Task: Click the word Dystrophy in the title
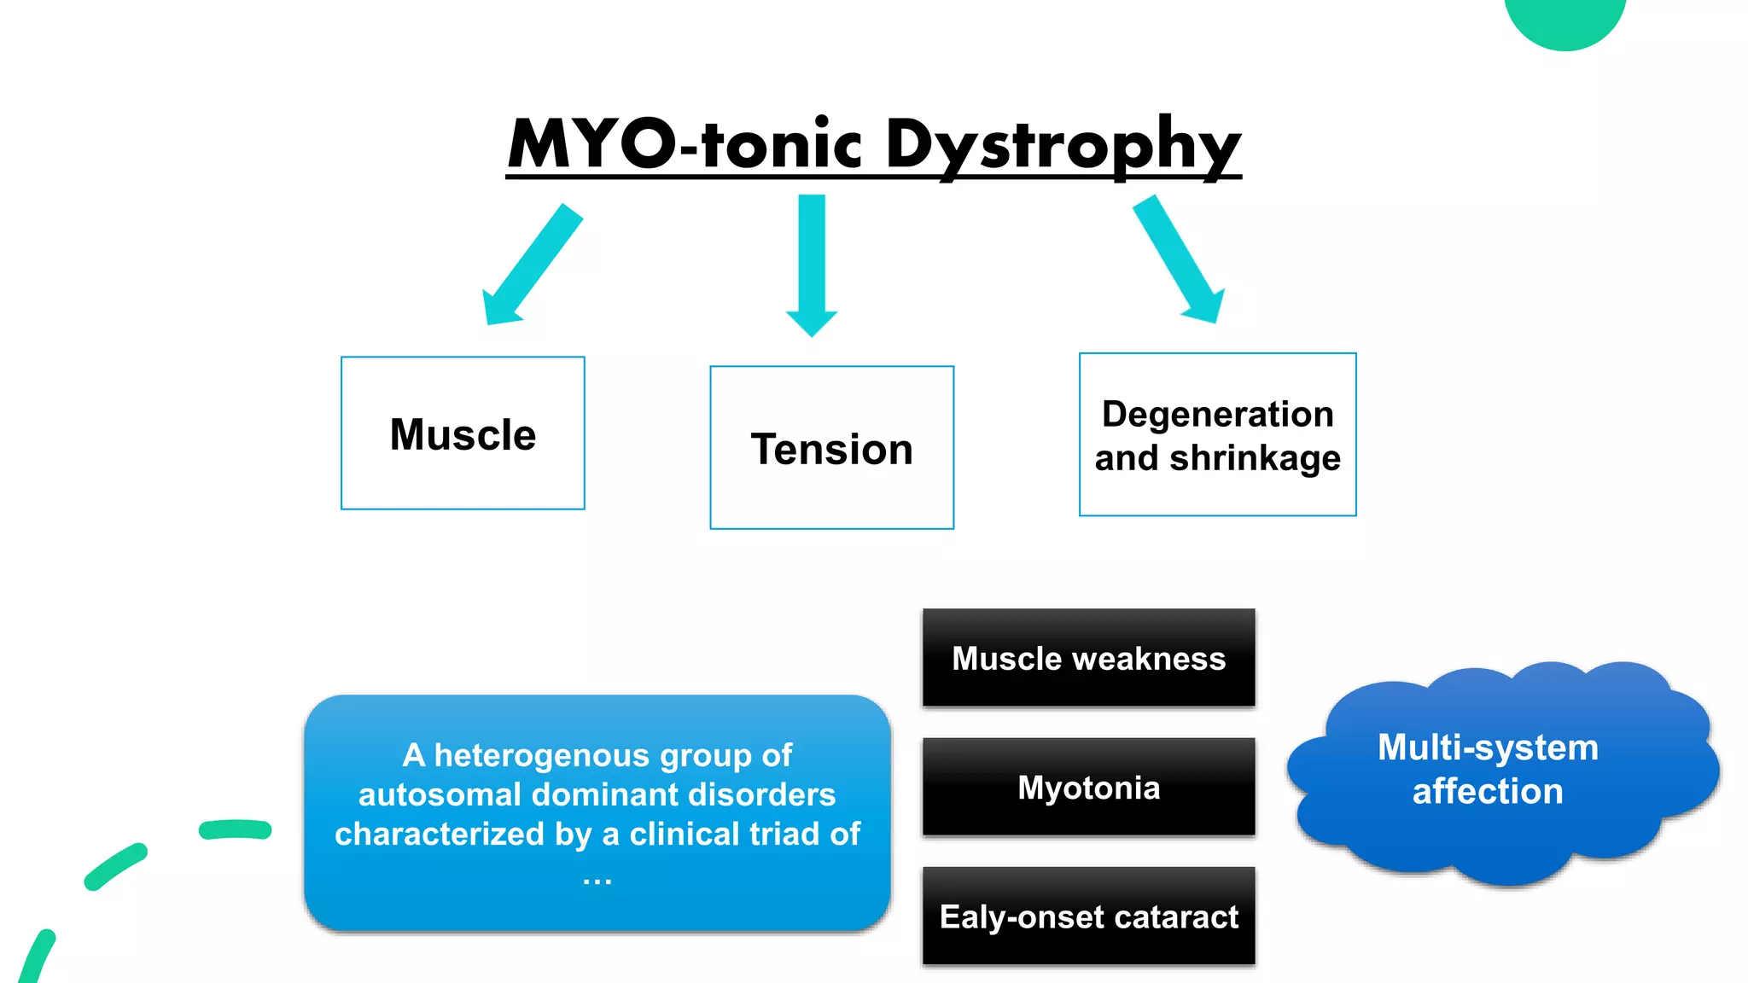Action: [x=1063, y=145]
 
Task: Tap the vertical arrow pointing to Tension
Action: [x=812, y=265]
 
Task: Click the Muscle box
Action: [x=463, y=433]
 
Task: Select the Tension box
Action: [x=831, y=448]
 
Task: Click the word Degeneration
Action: [x=1217, y=414]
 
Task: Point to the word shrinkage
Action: [x=1255, y=458]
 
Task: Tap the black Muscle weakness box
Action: [x=1088, y=658]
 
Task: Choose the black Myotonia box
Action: [x=1088, y=787]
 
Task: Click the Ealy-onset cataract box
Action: [x=1088, y=916]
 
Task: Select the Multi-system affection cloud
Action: [x=1502, y=772]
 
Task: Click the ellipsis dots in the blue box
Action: [x=597, y=879]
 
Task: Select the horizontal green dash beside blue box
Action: [x=235, y=829]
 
